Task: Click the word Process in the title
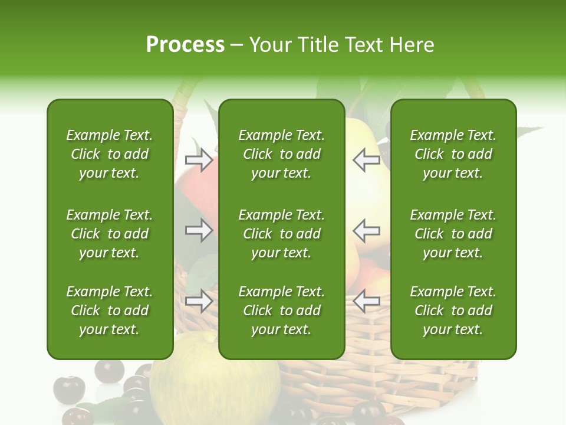pyautogui.click(x=185, y=45)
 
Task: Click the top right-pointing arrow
pyautogui.click(x=199, y=159)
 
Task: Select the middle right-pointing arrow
pyautogui.click(x=199, y=230)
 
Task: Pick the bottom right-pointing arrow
pyautogui.click(x=199, y=301)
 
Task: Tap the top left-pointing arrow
pyautogui.click(x=366, y=159)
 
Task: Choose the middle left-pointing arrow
pyautogui.click(x=366, y=230)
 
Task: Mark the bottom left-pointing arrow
pyautogui.click(x=366, y=301)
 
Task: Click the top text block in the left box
pyautogui.click(x=110, y=154)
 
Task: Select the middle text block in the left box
pyautogui.click(x=110, y=234)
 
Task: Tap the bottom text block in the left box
pyautogui.click(x=110, y=310)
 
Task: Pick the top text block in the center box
pyautogui.click(x=281, y=154)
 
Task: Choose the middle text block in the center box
pyautogui.click(x=281, y=234)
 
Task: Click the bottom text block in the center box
pyautogui.click(x=281, y=310)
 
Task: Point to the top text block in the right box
pyautogui.click(x=453, y=154)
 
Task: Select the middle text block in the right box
pyautogui.click(x=453, y=234)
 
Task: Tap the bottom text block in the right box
pyautogui.click(x=453, y=310)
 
